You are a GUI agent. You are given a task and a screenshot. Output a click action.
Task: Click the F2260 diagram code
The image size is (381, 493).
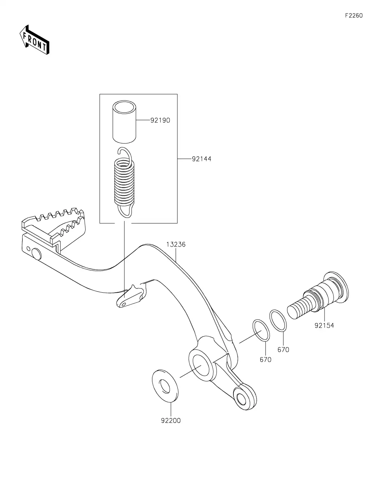click(354, 15)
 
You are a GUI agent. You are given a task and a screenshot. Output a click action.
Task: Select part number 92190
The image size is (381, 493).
click(160, 120)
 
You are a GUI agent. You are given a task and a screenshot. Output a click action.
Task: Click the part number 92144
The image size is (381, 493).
click(201, 159)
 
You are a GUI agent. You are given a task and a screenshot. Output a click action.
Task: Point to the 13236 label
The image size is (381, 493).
click(176, 245)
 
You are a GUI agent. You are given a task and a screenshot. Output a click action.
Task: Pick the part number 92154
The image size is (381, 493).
click(324, 326)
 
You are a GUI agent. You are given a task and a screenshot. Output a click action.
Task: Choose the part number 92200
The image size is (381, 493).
click(171, 421)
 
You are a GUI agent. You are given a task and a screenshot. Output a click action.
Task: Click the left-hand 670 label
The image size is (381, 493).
click(265, 360)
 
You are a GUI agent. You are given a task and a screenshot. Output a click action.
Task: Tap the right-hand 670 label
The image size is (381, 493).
click(283, 350)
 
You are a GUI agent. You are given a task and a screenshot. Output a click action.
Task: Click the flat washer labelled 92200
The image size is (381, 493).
click(165, 386)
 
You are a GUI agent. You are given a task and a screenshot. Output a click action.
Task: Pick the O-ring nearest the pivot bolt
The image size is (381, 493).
click(278, 320)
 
